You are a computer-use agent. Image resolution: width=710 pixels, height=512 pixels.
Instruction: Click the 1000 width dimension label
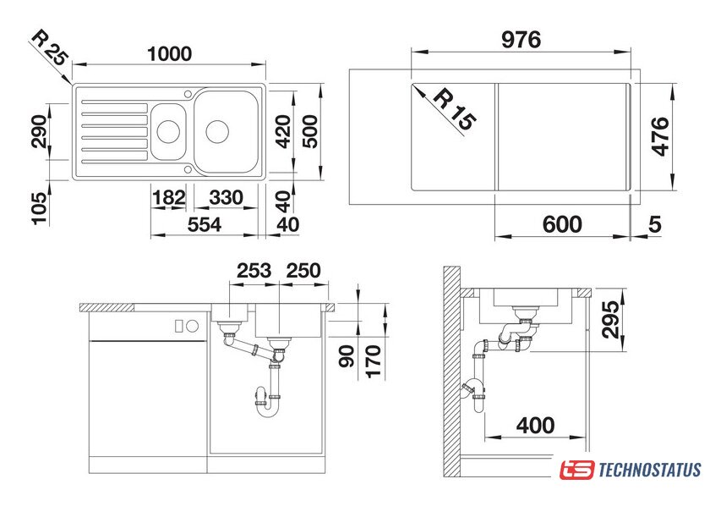click(x=169, y=54)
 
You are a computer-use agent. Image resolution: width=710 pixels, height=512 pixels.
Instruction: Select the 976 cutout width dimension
click(x=521, y=40)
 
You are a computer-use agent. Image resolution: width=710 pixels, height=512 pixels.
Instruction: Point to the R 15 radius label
click(x=455, y=110)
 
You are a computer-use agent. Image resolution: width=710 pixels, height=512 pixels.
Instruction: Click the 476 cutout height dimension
click(x=661, y=136)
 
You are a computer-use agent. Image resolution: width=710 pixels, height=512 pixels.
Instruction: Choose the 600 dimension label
click(x=562, y=224)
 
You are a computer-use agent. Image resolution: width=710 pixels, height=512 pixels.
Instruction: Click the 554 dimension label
click(x=205, y=225)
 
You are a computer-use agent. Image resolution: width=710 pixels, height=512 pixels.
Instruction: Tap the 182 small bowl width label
click(x=169, y=198)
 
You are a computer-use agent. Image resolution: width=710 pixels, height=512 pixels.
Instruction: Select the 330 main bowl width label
click(x=226, y=198)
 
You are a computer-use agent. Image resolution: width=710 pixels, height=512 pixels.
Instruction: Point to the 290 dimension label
click(x=39, y=131)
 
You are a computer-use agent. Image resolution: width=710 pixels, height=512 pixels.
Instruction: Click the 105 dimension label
click(x=39, y=208)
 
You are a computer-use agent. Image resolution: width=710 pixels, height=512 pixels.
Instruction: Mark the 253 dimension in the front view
click(x=254, y=271)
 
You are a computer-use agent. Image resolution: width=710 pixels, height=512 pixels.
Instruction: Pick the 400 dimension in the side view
click(x=535, y=426)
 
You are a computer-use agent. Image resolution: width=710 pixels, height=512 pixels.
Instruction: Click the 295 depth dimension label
click(x=610, y=319)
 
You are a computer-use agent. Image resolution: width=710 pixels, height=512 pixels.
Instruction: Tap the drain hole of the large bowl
click(x=217, y=131)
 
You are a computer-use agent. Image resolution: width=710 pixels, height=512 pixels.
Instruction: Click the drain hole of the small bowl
click(x=168, y=131)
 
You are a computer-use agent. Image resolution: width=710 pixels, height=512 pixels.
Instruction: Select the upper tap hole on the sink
click(x=188, y=93)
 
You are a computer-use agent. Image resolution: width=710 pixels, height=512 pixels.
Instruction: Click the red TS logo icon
click(x=576, y=470)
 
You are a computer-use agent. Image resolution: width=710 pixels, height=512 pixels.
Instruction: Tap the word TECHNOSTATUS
click(x=650, y=470)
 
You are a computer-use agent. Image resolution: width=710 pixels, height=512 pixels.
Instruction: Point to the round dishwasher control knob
click(x=193, y=325)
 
